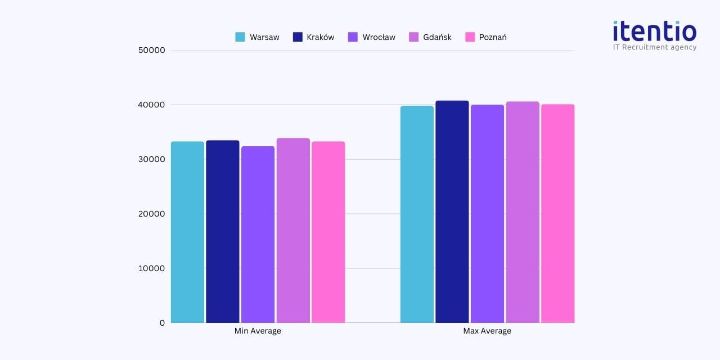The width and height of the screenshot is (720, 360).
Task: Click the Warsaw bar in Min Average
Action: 187,232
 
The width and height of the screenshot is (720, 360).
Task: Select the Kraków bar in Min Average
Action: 223,231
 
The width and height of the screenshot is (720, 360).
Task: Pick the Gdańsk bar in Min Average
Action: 293,230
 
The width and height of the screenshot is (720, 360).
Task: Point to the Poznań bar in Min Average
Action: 328,232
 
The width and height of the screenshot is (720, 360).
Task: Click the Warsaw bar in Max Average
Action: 417,214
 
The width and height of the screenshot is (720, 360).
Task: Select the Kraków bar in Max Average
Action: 452,211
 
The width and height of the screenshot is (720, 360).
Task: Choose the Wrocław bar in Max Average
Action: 487,213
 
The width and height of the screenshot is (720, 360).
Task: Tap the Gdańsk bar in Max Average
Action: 523,212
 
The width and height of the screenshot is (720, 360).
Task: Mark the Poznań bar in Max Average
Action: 558,213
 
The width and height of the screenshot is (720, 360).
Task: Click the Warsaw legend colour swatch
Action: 240,37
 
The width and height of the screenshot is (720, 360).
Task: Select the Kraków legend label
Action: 321,37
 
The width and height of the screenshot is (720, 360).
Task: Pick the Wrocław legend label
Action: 379,37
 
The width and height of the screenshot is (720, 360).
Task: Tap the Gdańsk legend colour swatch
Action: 413,37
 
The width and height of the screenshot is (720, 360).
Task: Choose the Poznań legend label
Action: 493,37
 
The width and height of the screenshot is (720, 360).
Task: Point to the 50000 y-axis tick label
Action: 151,50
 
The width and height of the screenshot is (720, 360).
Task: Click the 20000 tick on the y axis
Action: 151,214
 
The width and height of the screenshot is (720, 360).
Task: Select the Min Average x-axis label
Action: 258,331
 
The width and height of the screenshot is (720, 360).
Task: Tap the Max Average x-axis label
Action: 487,331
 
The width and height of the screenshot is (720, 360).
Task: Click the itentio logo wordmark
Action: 654,31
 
